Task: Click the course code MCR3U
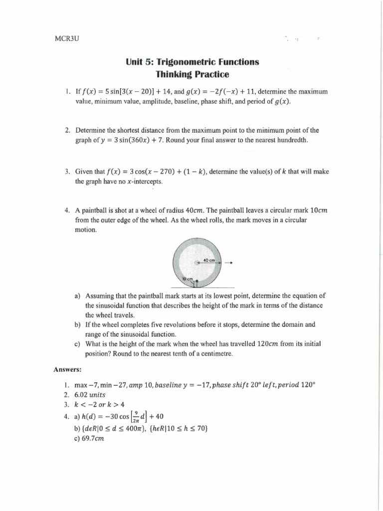coord(66,38)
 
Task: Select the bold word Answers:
coord(67,369)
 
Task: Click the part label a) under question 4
coord(77,295)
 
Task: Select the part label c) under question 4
coord(77,344)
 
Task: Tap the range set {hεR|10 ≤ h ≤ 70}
coord(172,428)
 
